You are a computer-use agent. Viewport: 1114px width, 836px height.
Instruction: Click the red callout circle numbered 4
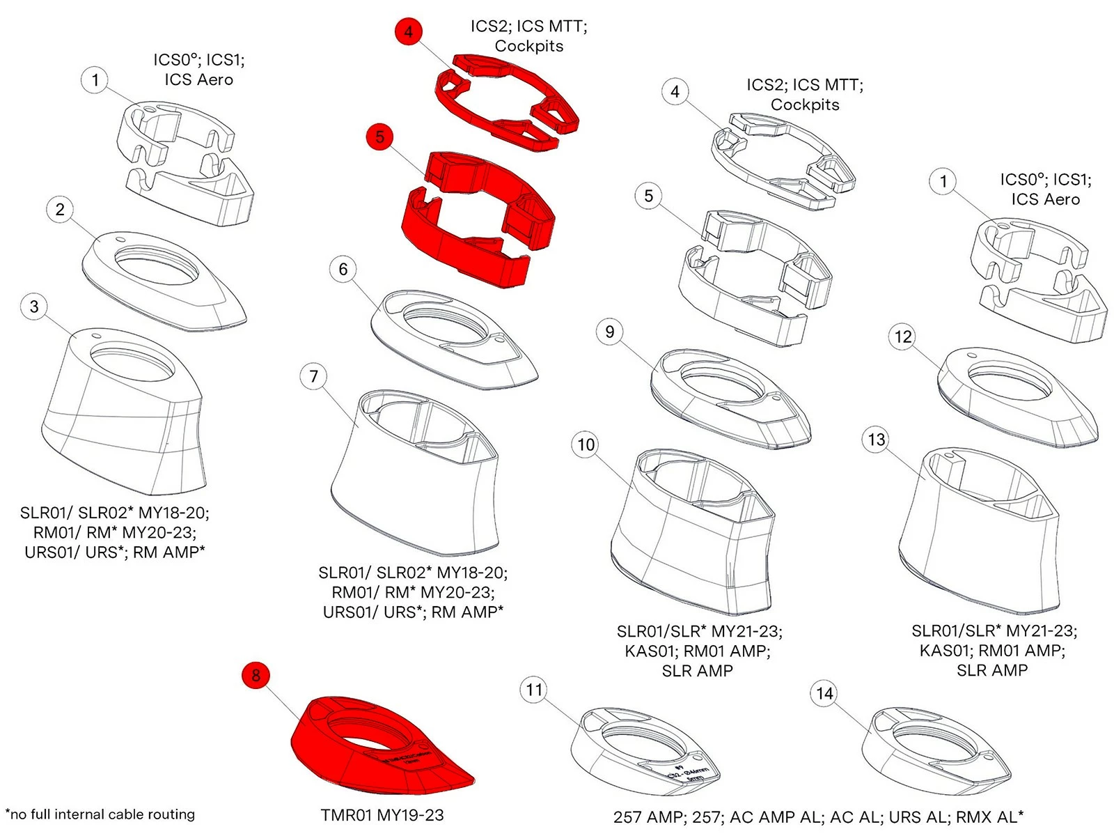pos(408,31)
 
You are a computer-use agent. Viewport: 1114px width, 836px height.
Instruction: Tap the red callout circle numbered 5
pos(379,137)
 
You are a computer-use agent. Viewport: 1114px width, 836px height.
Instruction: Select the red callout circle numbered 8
pos(256,674)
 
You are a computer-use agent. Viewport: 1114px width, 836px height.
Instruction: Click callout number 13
pos(877,440)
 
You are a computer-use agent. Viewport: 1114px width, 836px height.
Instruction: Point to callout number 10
pos(586,444)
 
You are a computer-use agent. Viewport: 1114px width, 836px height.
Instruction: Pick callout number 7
pos(313,376)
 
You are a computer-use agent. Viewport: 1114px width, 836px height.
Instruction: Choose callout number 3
pos(34,307)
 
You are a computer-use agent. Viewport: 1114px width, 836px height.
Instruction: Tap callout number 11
pos(534,690)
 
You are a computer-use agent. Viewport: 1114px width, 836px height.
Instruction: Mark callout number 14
pos(824,693)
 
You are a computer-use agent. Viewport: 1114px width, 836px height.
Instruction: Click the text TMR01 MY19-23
pos(382,815)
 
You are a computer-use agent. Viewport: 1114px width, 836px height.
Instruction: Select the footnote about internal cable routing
pos(100,814)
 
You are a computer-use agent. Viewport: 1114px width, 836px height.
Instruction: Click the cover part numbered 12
pos(1017,397)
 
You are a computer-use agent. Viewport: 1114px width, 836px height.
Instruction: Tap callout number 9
pos(610,332)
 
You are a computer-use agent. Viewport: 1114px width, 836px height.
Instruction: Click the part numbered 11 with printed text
pos(644,752)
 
